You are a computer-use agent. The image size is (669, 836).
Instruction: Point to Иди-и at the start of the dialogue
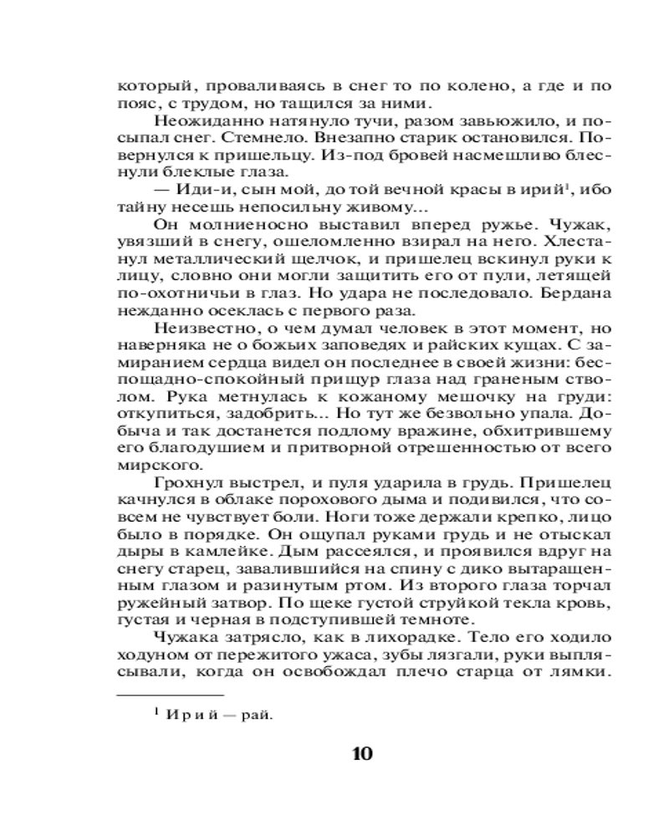(x=195, y=189)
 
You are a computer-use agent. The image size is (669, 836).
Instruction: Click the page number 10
(x=362, y=753)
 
